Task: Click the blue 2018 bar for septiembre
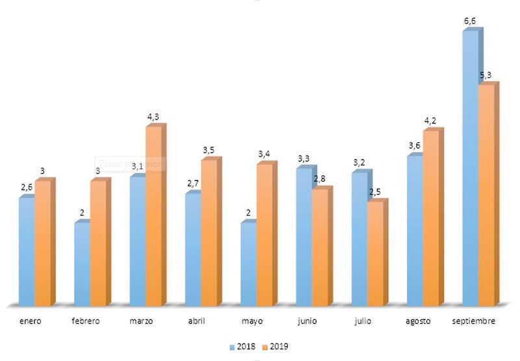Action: point(470,169)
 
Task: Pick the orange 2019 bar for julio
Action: point(375,253)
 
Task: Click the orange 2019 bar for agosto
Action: point(431,218)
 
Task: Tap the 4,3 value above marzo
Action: point(153,117)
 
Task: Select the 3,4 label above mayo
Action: point(264,154)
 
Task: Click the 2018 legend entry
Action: point(244,347)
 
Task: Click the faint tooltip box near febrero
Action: point(130,164)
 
